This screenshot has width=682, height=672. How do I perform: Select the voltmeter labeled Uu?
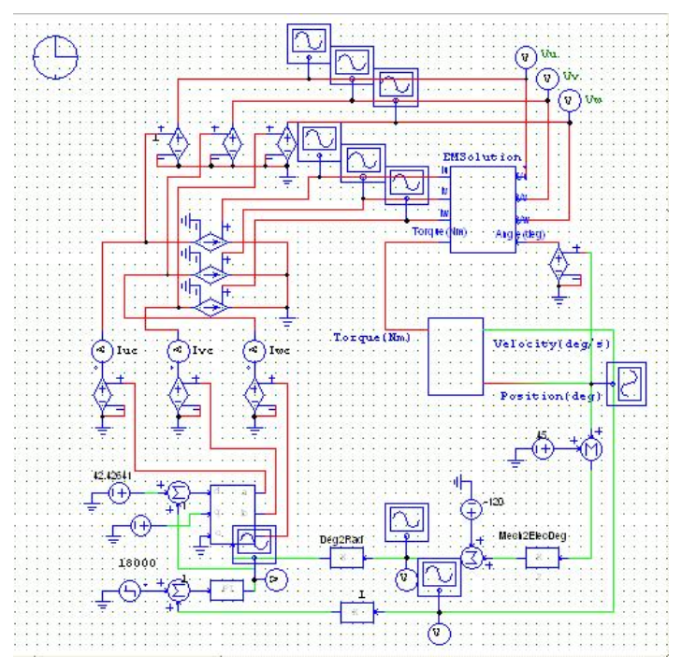coord(525,58)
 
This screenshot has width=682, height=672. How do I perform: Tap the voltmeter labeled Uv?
coord(546,79)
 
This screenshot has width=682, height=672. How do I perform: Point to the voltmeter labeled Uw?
coord(567,99)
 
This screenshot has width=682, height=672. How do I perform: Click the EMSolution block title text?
coord(482,157)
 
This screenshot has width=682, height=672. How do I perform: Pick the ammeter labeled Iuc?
coord(100,350)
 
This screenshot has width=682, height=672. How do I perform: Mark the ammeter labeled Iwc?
coord(253,350)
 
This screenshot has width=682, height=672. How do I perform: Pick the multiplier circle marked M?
coord(589,449)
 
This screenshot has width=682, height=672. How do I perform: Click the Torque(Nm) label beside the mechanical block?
coord(371,336)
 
